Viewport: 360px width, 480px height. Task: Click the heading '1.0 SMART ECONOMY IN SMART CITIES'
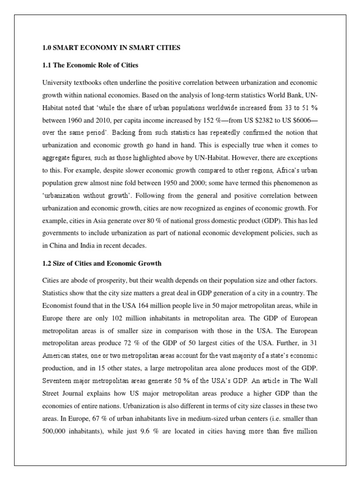[x=110, y=48]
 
